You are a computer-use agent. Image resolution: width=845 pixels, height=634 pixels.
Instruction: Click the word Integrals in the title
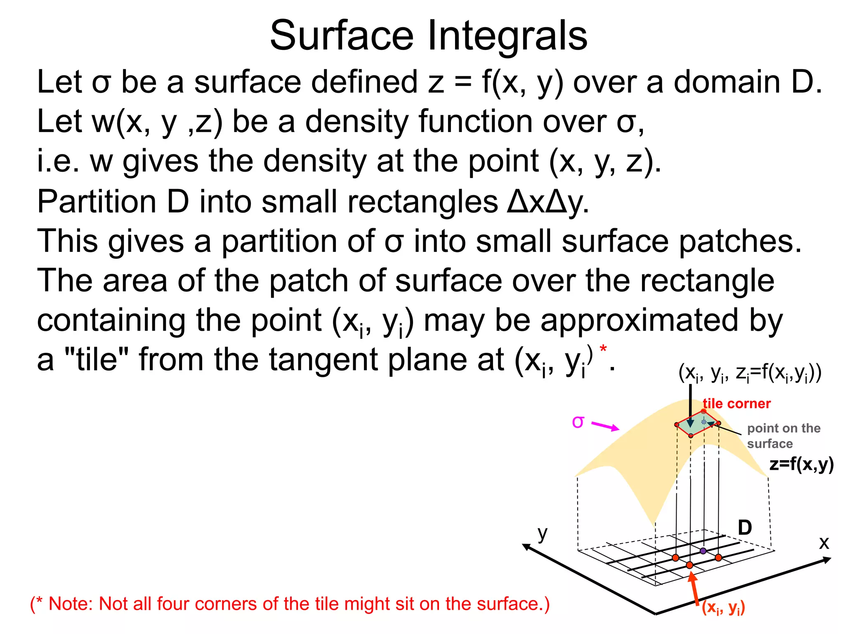click(507, 36)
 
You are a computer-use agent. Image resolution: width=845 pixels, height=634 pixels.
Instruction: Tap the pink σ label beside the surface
click(578, 422)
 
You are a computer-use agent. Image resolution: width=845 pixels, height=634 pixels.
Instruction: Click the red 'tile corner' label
click(737, 404)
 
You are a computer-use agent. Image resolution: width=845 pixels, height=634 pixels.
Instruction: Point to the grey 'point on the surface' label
click(784, 436)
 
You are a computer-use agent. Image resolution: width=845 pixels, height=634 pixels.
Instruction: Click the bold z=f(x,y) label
click(801, 464)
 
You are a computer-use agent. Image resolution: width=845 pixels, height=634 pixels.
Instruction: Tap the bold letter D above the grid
click(745, 528)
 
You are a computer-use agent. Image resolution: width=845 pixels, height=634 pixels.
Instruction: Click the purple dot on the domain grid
click(703, 551)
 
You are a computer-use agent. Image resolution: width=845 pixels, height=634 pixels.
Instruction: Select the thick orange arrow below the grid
click(694, 588)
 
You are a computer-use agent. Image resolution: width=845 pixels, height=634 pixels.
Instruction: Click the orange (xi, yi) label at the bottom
click(723, 607)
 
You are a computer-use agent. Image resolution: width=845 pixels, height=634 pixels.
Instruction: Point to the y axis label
click(543, 534)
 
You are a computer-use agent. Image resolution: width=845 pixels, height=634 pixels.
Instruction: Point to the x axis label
click(824, 543)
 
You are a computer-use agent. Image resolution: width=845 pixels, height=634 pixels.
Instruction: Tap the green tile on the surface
click(697, 423)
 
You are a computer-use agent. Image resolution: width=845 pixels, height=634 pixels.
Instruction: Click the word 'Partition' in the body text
click(97, 202)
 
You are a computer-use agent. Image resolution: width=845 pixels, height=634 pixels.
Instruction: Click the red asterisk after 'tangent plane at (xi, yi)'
click(604, 349)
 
